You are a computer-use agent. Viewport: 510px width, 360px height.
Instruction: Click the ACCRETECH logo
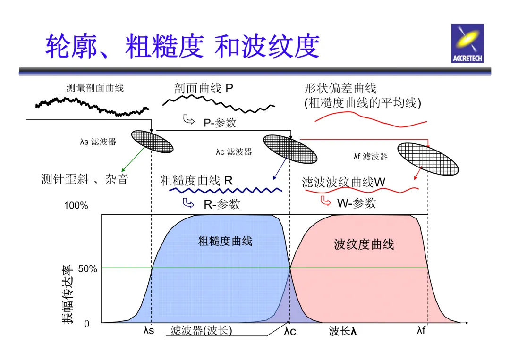coord(467,43)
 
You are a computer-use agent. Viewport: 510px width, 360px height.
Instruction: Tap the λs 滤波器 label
coord(98,142)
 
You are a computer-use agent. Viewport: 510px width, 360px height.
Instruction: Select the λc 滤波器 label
coord(234,151)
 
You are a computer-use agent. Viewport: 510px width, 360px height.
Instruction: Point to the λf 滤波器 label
coord(371,157)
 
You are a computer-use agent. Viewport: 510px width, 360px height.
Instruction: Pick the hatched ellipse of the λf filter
coord(427,159)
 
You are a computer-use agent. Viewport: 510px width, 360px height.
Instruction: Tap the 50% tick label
coord(88,269)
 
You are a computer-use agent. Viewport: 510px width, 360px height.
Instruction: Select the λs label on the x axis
coord(149,331)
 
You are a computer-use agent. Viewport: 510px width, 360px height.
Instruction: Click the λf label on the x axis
coord(421,330)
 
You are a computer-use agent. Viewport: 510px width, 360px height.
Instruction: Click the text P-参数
coord(220,123)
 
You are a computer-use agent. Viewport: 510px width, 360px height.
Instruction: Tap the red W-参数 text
coord(357,203)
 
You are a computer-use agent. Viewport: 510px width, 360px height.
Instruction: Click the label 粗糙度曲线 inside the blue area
coord(225,241)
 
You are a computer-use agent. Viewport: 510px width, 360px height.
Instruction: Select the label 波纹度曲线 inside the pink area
coord(364,244)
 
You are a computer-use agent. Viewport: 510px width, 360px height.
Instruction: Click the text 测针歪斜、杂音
coord(85,179)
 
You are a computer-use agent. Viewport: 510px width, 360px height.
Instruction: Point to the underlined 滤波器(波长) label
coord(201,330)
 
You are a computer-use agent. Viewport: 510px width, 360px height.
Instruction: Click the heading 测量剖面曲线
coord(95,88)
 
